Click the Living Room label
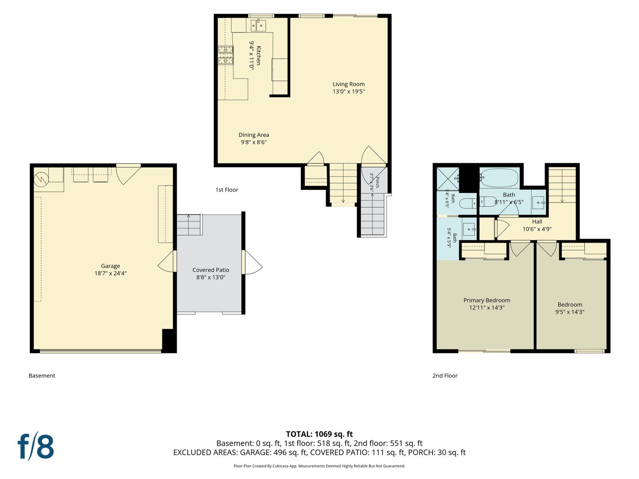pos(348,84)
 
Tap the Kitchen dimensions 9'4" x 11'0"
pos(251,55)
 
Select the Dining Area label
pos(253,135)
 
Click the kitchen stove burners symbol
pos(226,55)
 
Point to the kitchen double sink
pos(258,25)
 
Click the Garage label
pos(110,266)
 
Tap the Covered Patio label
pos(211,270)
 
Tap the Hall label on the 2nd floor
pos(537,222)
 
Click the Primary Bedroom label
pos(487,300)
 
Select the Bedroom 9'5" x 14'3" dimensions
pos(570,312)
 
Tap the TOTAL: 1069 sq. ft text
pos(319,434)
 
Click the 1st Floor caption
pos(227,190)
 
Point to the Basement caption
pos(42,376)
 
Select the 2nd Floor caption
pos(445,376)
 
